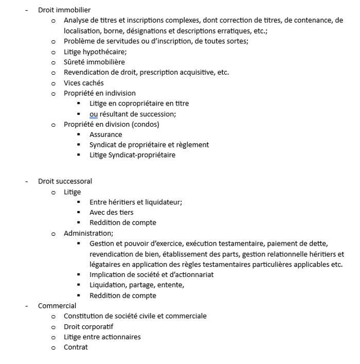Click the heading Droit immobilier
point(64,10)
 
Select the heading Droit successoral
point(65,181)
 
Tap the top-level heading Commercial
point(57,306)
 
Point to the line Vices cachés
point(83,83)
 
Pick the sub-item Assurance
point(105,134)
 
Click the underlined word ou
point(94,114)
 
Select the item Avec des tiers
point(111,212)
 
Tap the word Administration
point(88,233)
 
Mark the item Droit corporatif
point(88,326)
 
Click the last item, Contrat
point(76,347)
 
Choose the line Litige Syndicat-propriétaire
point(132,155)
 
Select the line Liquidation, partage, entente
point(136,285)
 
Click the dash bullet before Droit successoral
point(26,181)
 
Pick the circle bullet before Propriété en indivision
point(53,93)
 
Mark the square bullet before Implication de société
point(79,274)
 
